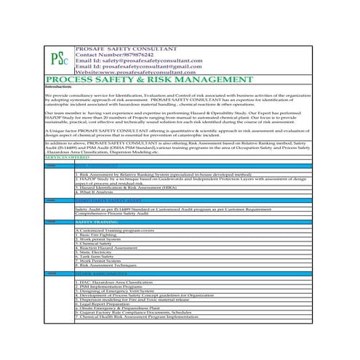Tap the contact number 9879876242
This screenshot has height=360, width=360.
pos(140,54)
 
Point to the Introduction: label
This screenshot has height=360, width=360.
pos(59,87)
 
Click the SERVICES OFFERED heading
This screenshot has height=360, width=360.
pos(66,156)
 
